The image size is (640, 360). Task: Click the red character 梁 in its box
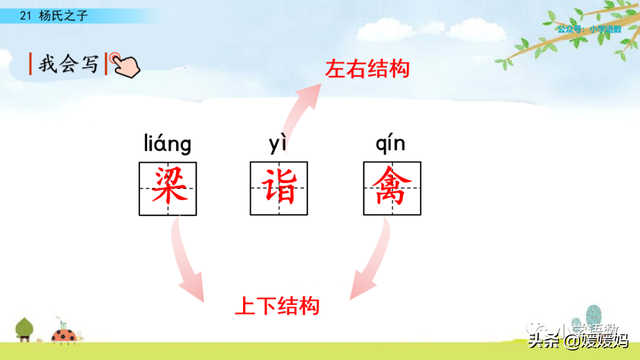[167, 186]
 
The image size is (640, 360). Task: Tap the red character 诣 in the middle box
[280, 186]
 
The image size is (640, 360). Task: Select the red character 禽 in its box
[392, 186]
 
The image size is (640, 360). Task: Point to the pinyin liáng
[167, 144]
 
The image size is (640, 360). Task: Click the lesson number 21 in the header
[26, 15]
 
